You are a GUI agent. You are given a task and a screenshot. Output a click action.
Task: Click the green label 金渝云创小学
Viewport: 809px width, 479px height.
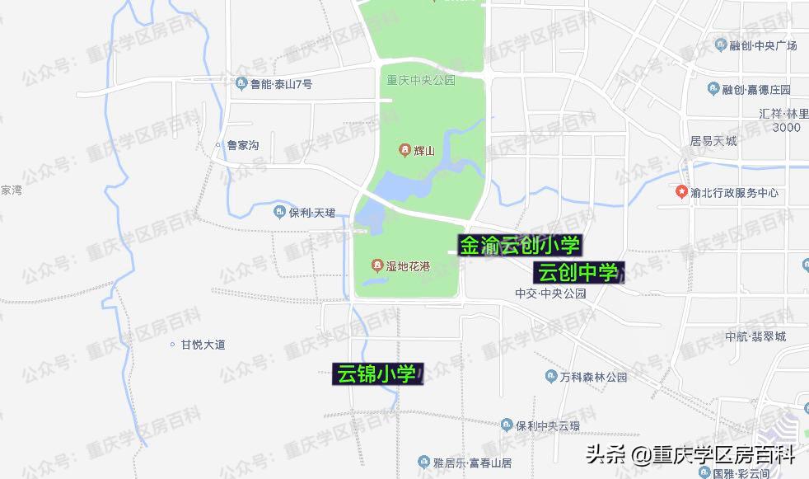[520, 245]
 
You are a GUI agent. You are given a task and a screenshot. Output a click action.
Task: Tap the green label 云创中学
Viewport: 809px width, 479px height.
[578, 272]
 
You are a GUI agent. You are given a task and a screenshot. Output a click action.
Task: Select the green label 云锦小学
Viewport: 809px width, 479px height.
[376, 374]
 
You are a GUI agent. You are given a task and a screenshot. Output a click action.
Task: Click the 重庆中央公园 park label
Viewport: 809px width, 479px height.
[421, 81]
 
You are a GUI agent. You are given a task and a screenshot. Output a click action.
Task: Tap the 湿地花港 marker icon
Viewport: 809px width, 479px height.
[376, 265]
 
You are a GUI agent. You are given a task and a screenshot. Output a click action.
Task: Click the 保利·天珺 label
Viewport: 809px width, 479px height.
[311, 213]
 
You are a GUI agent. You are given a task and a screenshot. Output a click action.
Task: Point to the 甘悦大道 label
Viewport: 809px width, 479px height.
[203, 345]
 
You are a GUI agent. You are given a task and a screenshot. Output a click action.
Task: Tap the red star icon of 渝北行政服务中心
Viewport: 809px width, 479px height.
[681, 193]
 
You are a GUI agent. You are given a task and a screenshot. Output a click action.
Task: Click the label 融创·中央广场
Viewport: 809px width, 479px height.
[763, 46]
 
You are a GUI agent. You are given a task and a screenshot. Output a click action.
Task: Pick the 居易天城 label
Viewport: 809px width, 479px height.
[713, 142]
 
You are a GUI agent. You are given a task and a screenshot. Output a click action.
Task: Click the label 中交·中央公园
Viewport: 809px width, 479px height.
[549, 294]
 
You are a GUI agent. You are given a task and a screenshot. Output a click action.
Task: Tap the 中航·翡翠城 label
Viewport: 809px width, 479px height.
[755, 336]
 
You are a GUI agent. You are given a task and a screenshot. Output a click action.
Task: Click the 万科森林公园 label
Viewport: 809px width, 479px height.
[593, 378]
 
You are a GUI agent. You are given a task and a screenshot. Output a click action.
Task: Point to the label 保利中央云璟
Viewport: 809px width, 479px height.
[548, 425]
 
